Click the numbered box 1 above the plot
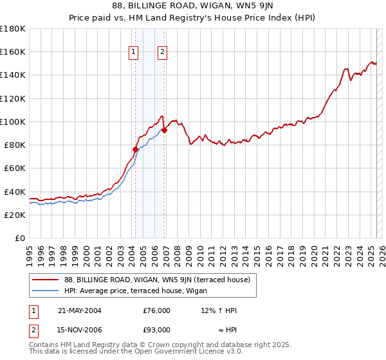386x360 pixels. (x=134, y=53)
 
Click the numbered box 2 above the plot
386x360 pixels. (x=162, y=53)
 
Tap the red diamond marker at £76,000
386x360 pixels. (x=135, y=149)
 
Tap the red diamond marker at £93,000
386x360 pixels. (x=164, y=129)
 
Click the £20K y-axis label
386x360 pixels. (x=14, y=215)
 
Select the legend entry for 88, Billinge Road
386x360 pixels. (x=161, y=280)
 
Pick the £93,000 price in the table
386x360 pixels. (x=157, y=330)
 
